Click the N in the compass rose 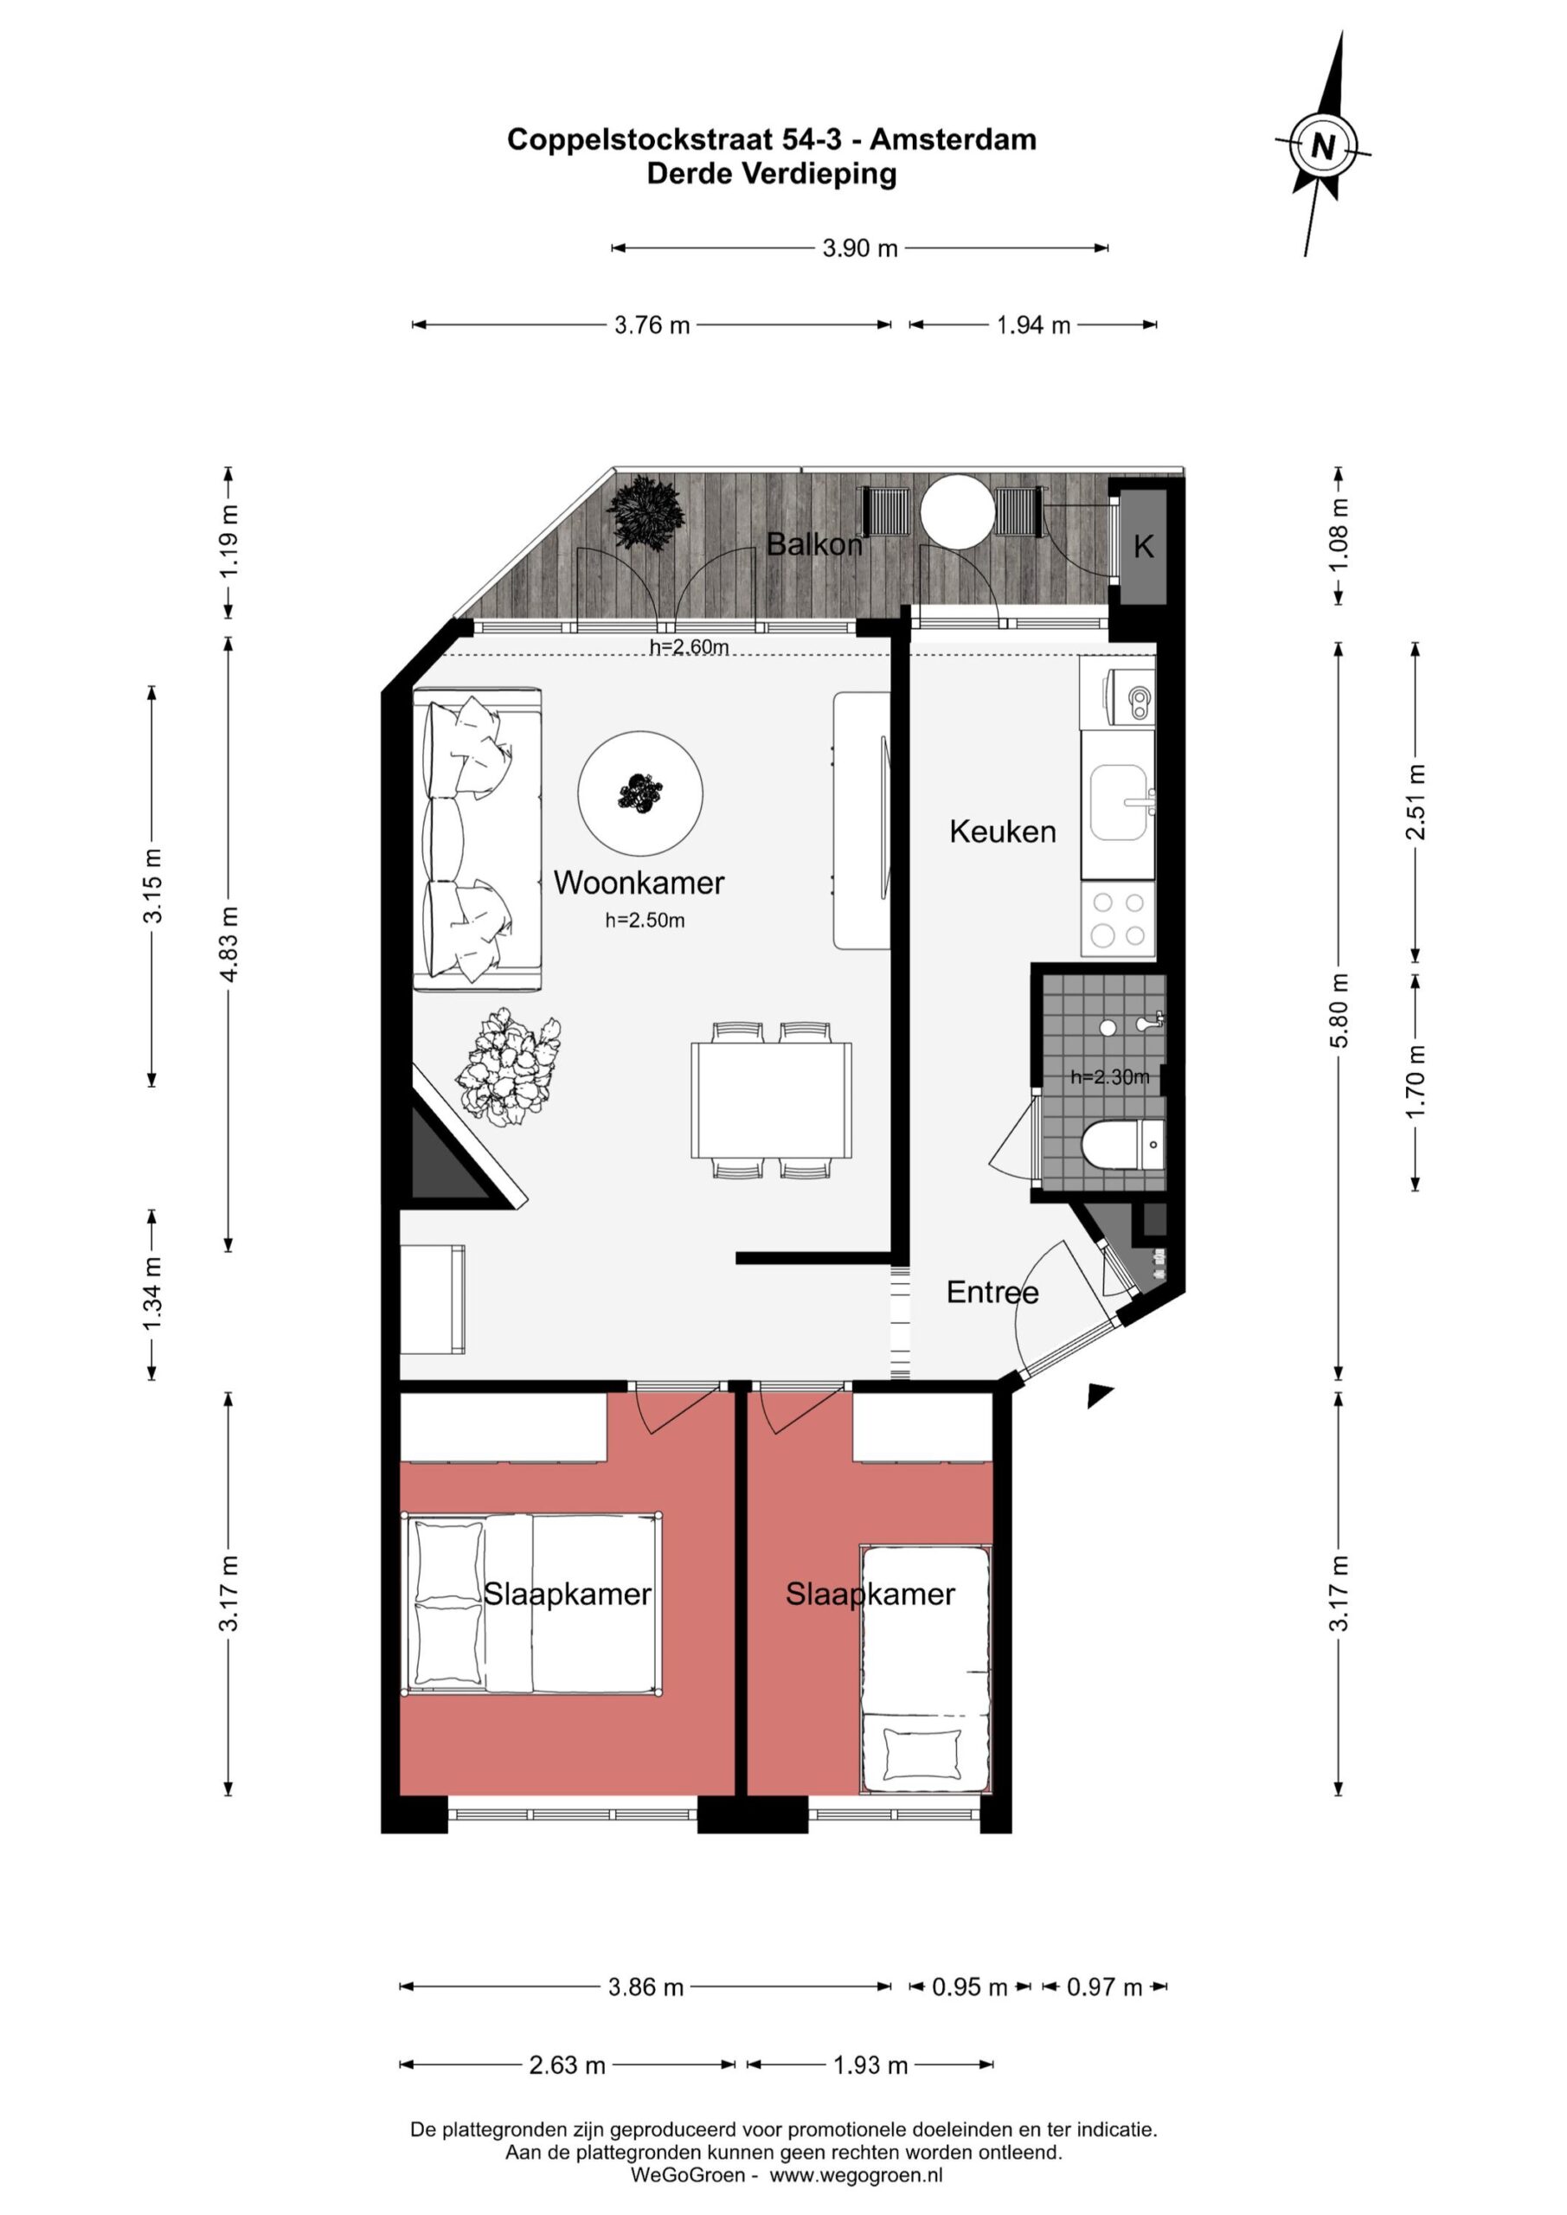1323,146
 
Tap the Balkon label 814,545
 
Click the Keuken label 1003,831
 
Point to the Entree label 992,1292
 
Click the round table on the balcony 956,512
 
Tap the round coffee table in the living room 640,793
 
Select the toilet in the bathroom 1123,1145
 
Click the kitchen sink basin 1120,803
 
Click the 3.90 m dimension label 860,248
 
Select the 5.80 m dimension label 1339,1010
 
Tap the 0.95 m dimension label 970,1987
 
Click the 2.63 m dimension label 568,2064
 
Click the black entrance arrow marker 1099,1395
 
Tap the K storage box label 1143,547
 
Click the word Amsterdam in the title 953,140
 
